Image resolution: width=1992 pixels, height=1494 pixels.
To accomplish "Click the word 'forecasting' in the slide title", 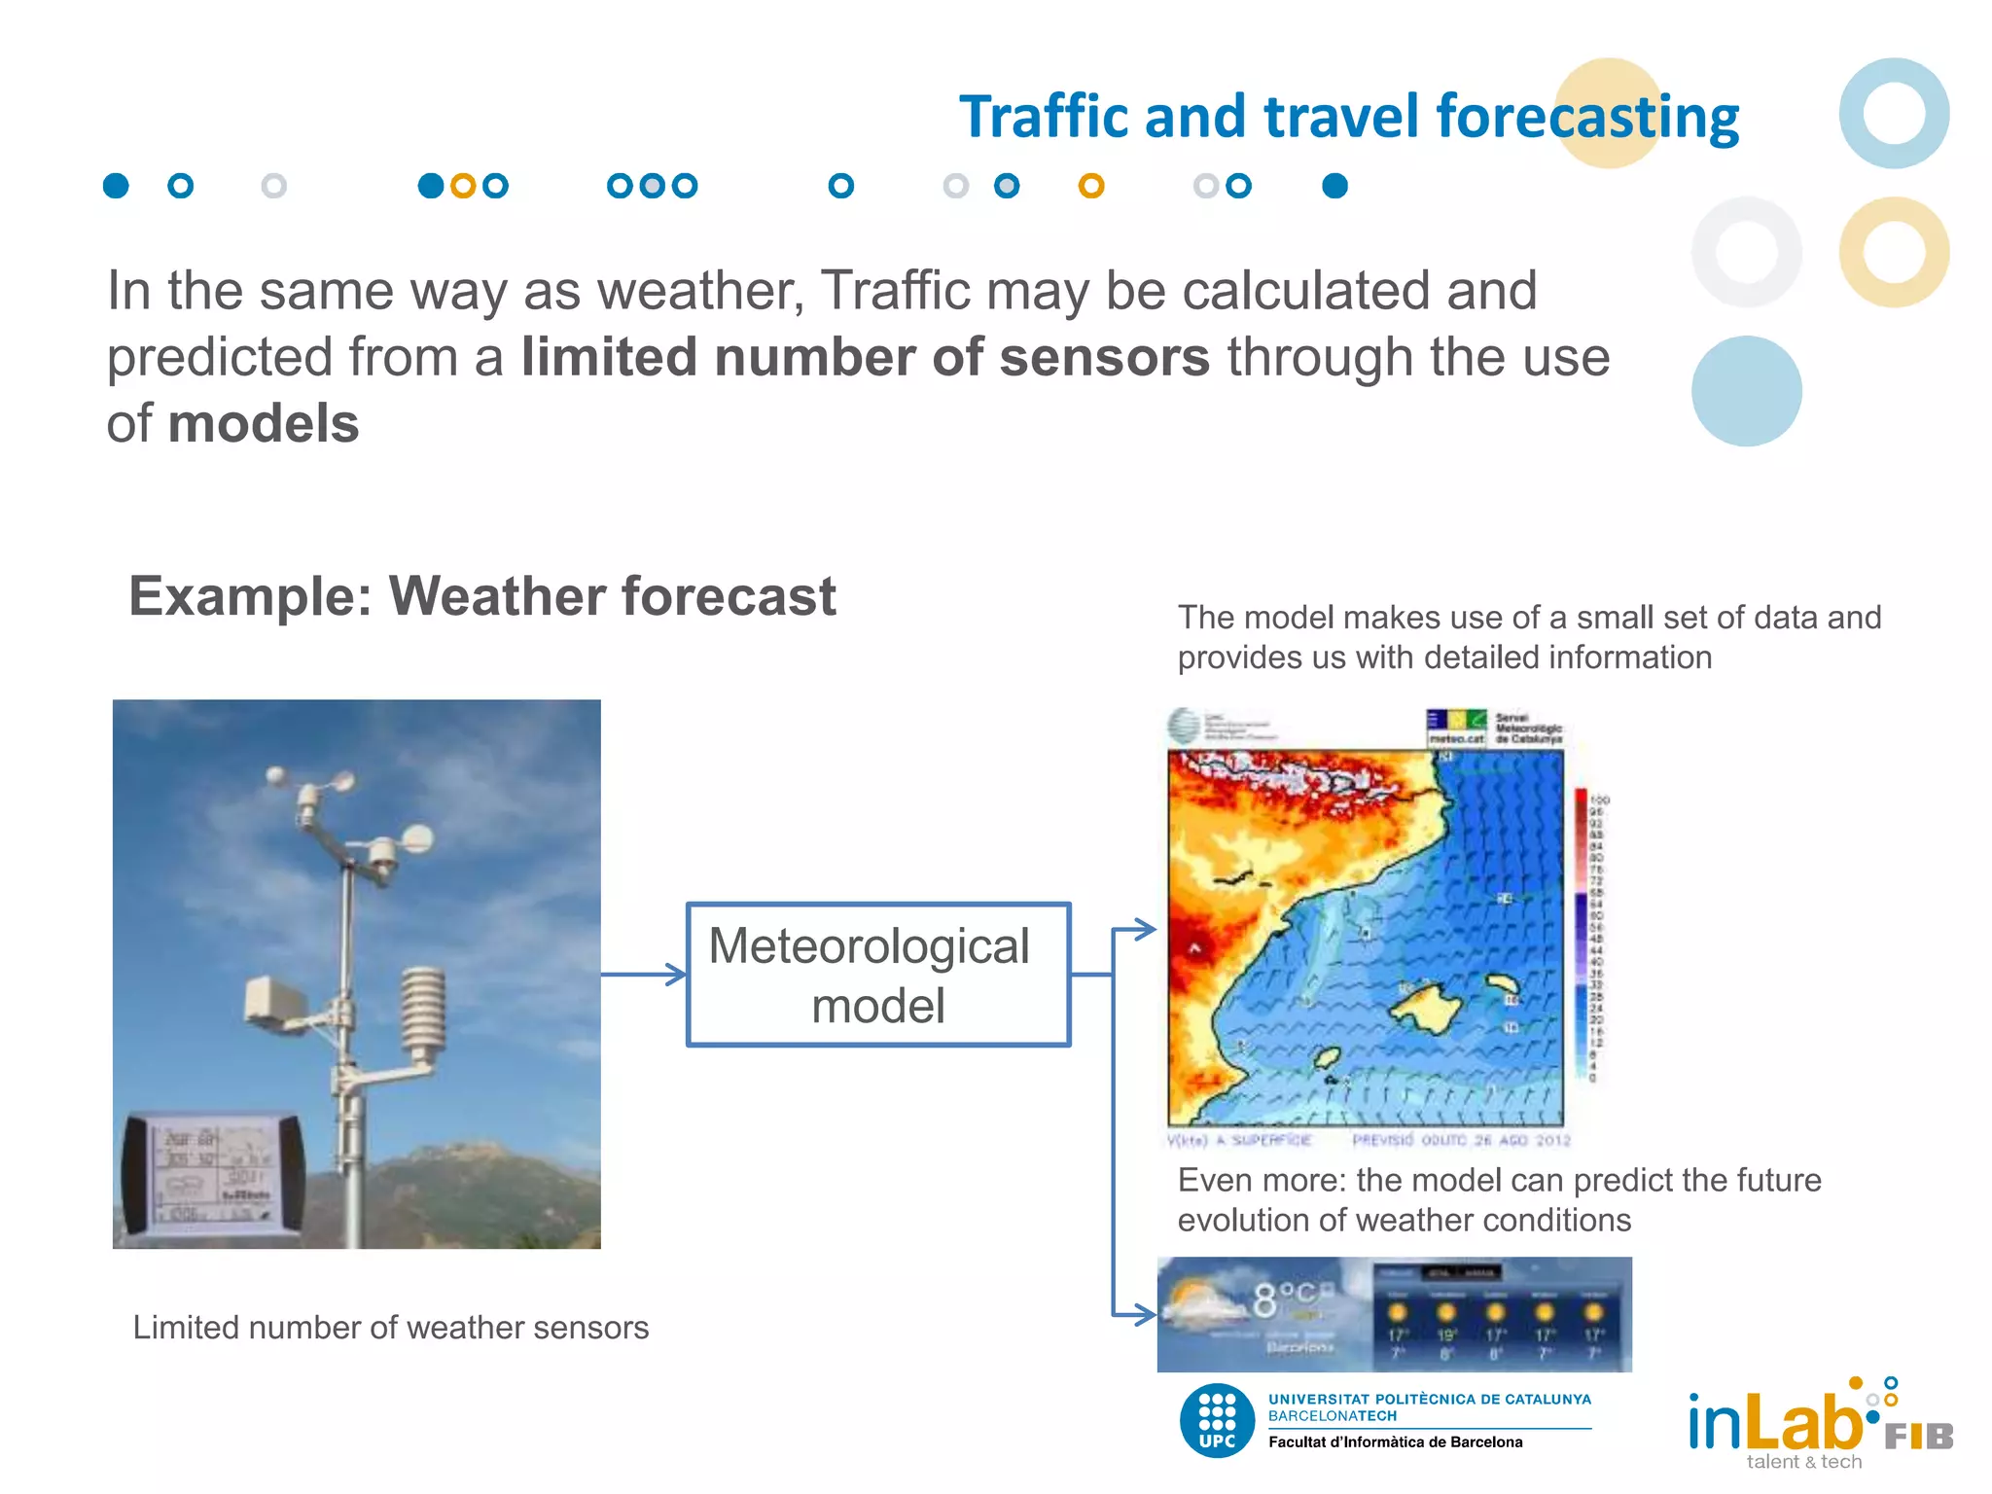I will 1586,117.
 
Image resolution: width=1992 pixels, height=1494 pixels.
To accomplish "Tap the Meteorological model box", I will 877,975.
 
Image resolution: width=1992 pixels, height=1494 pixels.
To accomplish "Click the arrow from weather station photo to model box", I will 643,974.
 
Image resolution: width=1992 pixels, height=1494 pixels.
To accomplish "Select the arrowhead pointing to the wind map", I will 1145,929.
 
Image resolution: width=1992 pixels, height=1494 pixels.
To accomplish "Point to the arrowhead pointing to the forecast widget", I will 1145,1315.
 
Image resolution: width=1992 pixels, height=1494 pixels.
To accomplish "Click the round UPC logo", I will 1217,1421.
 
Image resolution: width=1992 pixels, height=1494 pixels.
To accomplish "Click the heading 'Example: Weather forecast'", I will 481,595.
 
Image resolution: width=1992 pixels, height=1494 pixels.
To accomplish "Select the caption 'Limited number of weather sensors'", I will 390,1327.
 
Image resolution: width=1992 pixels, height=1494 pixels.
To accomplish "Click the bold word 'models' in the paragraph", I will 263,424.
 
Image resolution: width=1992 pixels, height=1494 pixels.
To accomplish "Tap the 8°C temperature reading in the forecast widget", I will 1283,1298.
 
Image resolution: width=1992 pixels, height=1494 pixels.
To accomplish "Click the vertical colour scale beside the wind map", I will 1581,934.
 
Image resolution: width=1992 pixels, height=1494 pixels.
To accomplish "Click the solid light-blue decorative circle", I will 1746,391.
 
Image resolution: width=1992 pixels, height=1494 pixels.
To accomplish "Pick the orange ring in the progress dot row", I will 1091,186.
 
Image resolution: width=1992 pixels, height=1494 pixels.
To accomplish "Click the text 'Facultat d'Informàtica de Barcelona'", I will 1395,1441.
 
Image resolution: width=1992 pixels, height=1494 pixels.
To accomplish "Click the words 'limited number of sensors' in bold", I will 865,357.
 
